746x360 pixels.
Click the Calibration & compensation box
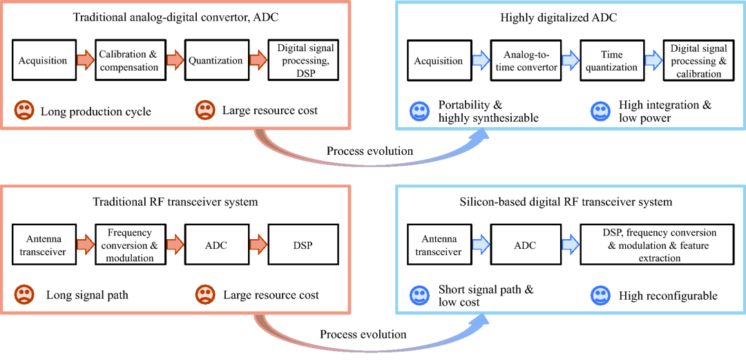tap(128, 61)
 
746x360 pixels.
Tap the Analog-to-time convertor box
tap(525, 61)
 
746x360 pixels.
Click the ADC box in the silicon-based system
tap(525, 245)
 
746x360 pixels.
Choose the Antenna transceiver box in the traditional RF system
tap(43, 245)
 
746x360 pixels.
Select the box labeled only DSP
tap(303, 245)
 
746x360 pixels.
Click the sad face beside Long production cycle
tap(24, 110)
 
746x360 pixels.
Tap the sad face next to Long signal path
tap(24, 295)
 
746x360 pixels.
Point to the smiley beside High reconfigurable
tap(600, 296)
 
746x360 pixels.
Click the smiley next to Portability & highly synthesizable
tap(419, 111)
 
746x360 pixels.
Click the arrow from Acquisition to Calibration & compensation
tap(84, 61)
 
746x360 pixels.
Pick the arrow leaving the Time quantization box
tap(653, 61)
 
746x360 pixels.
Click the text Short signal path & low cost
tap(486, 296)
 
